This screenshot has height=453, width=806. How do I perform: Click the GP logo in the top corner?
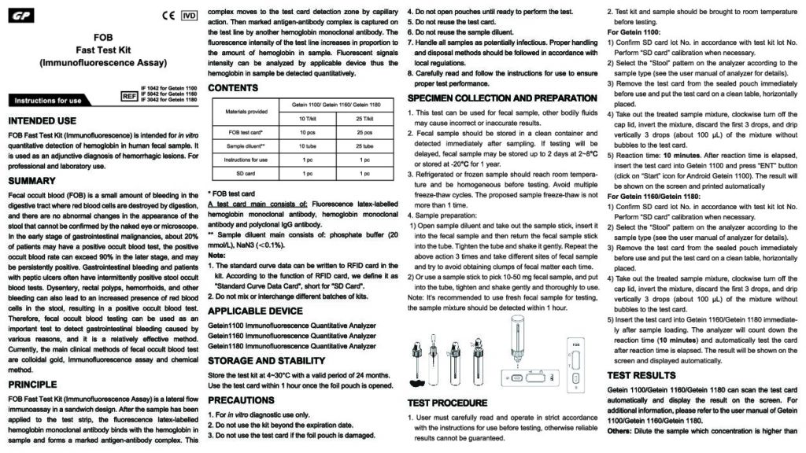click(20, 16)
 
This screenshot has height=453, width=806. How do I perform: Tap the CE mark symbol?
click(167, 16)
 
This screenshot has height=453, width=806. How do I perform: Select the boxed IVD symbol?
click(189, 16)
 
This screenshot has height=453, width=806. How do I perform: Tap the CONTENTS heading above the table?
click(234, 87)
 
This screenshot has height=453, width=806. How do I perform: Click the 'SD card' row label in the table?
click(246, 171)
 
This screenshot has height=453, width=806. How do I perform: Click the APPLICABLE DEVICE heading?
click(255, 311)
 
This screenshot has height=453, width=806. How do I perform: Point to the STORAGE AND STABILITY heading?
click(266, 360)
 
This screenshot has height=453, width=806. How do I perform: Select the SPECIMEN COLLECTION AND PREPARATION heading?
click(502, 98)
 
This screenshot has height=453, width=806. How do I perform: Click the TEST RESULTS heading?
click(641, 375)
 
